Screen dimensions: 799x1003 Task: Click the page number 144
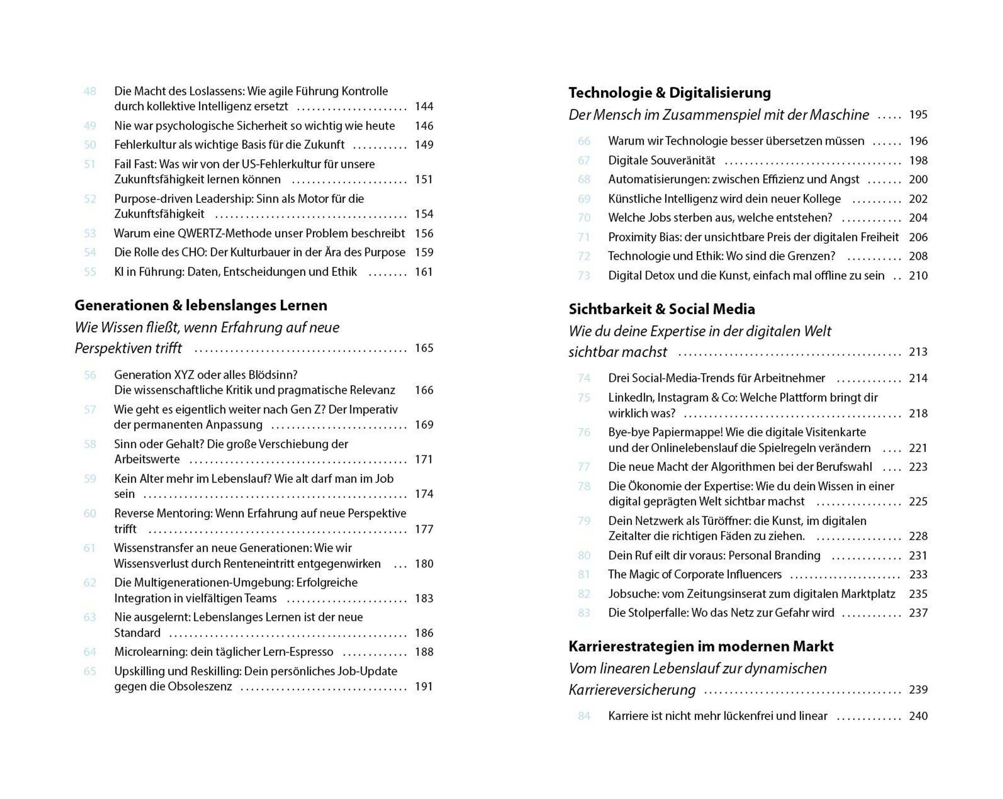[x=424, y=107]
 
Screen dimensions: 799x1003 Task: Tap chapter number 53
[x=90, y=234]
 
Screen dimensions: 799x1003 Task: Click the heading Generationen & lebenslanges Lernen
[x=201, y=305]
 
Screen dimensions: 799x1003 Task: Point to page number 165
[x=424, y=348]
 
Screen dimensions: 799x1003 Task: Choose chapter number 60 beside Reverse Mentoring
[x=90, y=514]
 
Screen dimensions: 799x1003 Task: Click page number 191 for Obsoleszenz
[x=424, y=687]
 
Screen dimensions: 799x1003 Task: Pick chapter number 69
[x=584, y=199]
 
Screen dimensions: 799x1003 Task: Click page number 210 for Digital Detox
[x=918, y=276]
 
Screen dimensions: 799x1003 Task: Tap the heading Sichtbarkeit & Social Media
[x=662, y=309]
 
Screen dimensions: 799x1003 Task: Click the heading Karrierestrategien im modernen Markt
[x=700, y=646]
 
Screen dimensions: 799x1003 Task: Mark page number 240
[x=918, y=716]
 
